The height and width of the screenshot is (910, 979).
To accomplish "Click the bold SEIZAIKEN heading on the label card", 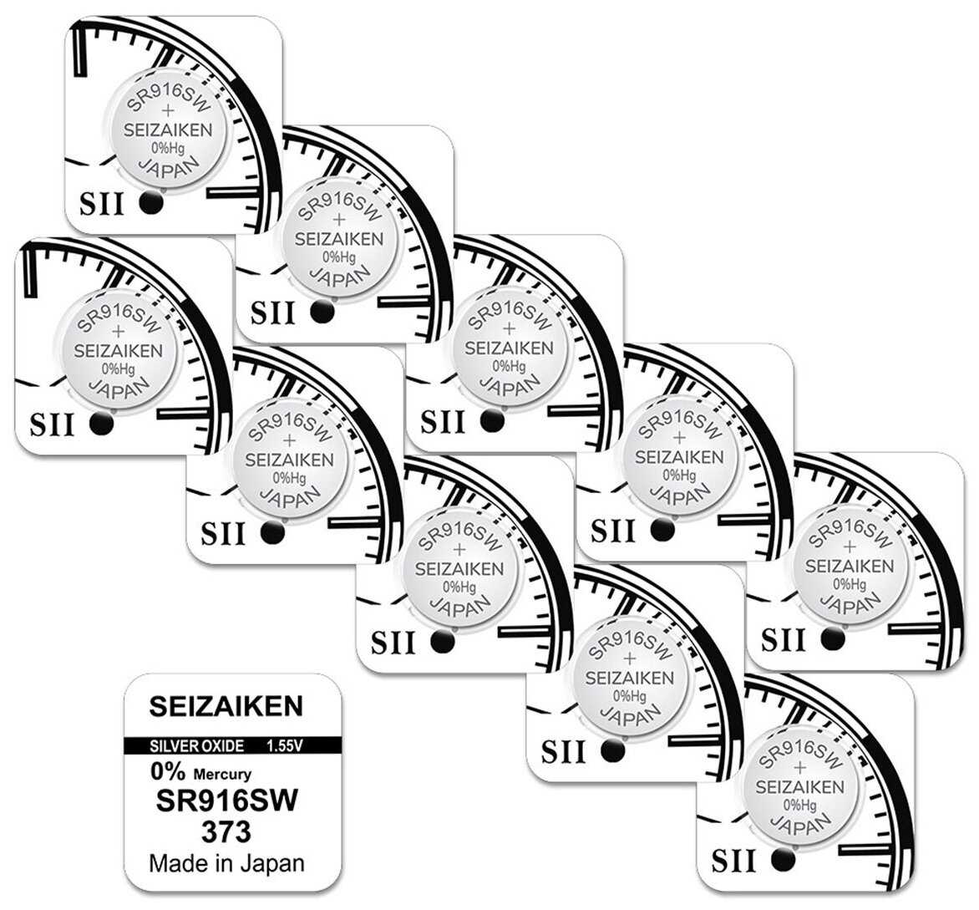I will (x=226, y=707).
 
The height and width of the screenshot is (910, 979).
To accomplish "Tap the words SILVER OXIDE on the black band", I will (x=197, y=745).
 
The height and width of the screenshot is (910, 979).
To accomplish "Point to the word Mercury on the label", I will (x=223, y=775).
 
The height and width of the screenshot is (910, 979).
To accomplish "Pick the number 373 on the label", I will (x=226, y=832).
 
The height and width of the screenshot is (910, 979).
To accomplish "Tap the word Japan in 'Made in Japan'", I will (x=272, y=863).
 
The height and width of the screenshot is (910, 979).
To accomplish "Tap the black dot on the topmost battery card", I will (x=150, y=203).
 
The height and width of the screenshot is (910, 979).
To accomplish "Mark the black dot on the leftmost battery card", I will (x=101, y=424).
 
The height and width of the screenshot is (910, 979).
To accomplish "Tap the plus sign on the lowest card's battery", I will (x=800, y=767).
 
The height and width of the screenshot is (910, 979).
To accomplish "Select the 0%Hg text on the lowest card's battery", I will (x=801, y=805).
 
